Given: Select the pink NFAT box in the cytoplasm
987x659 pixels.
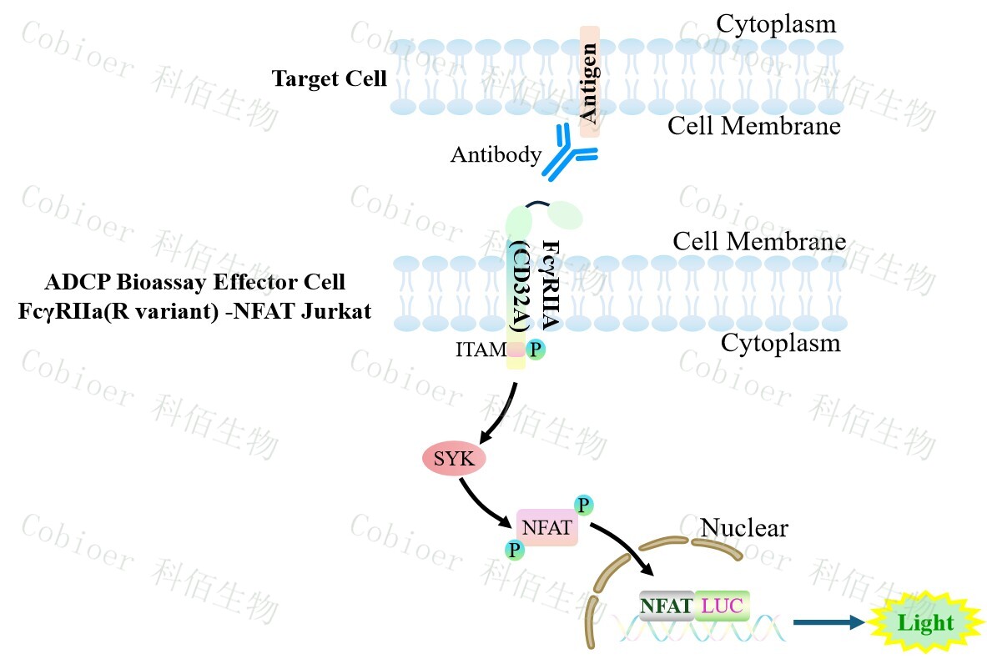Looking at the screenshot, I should [x=547, y=528].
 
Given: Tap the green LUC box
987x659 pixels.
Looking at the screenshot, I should [x=722, y=606].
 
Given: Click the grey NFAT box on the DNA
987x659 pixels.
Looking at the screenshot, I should [x=667, y=606].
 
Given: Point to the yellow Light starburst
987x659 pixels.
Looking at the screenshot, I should [x=924, y=622].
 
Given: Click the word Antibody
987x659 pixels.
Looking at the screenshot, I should [x=496, y=154].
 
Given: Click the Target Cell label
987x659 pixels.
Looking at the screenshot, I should [x=330, y=79].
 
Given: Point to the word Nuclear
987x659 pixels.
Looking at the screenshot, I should [x=744, y=527].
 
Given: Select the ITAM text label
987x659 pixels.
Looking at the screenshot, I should [x=481, y=350].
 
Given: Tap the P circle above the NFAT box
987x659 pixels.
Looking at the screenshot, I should [x=583, y=505].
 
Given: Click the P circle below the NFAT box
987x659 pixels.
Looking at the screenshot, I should [x=514, y=549].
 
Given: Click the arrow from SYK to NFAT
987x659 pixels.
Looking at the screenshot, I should [x=485, y=501].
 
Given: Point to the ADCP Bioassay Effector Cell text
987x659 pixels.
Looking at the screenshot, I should [x=193, y=281].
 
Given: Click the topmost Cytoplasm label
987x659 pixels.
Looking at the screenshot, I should [x=776, y=23].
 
